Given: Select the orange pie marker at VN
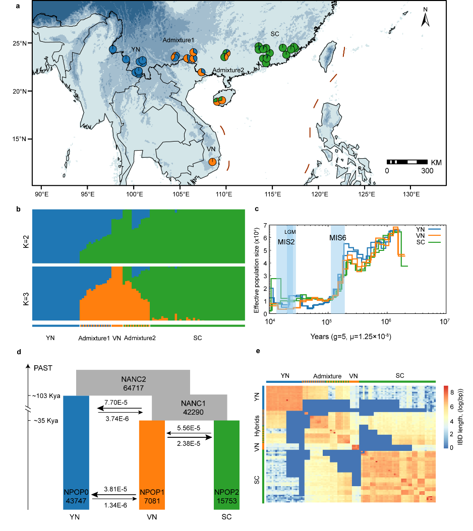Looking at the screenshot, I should (x=213, y=162).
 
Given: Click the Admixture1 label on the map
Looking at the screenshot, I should (x=178, y=39).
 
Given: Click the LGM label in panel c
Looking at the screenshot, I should (x=290, y=232).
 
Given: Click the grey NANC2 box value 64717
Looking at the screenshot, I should (x=133, y=388).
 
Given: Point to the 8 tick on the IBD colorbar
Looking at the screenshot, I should (x=450, y=389).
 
